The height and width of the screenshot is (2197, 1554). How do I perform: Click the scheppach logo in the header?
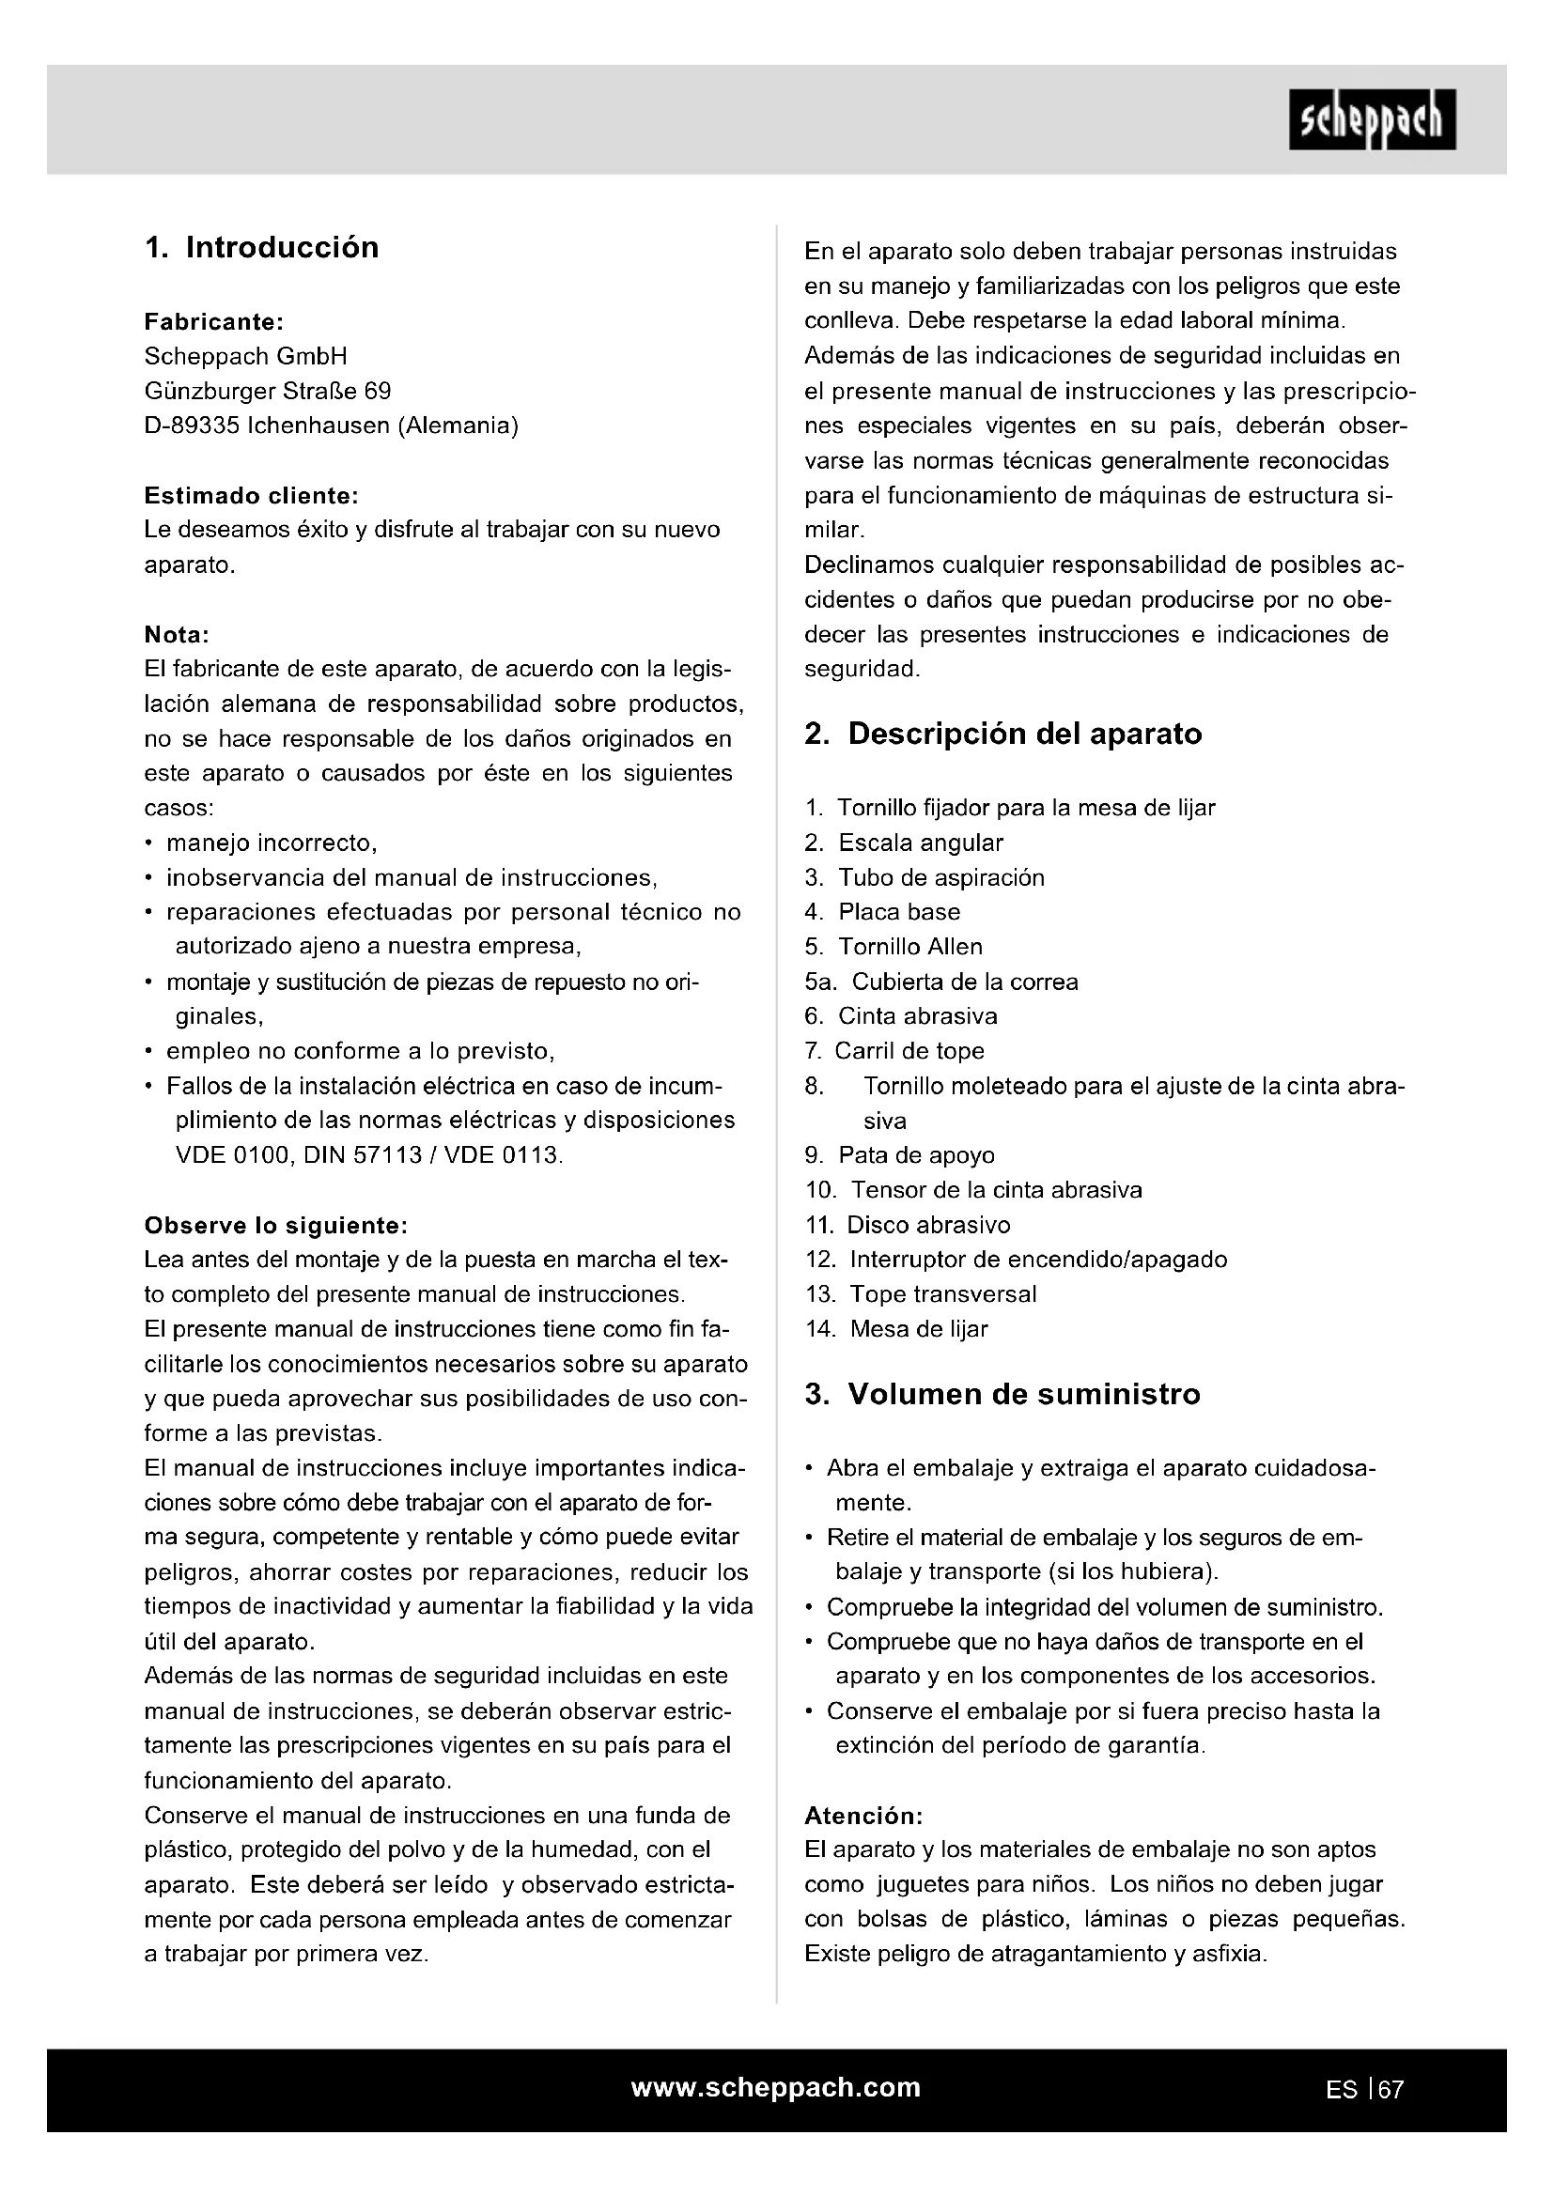point(1371,119)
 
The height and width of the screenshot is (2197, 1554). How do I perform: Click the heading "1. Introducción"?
point(261,248)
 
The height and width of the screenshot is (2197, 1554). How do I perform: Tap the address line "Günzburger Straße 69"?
point(267,392)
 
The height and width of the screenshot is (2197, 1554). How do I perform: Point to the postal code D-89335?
point(192,425)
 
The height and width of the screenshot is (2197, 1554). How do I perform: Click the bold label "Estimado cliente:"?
point(251,496)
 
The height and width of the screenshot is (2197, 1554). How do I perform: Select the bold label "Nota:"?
point(176,634)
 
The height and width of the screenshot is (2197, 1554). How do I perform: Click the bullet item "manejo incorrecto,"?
point(272,843)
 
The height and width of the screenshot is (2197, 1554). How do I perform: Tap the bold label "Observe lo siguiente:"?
point(275,1226)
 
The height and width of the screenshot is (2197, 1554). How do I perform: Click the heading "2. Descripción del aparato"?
point(1002,734)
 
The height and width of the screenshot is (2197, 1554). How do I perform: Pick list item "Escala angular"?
point(920,843)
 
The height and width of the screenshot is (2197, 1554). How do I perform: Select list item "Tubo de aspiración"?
point(940,877)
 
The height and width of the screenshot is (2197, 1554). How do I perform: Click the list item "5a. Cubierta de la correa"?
point(940,982)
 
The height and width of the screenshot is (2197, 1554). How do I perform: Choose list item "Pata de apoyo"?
point(916,1156)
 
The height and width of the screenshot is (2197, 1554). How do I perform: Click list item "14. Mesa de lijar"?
point(895,1329)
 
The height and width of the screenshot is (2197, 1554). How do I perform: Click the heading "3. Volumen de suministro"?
point(1002,1394)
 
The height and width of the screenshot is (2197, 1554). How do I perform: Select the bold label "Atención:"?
point(863,1817)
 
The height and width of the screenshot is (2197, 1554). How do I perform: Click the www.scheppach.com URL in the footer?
point(776,2088)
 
